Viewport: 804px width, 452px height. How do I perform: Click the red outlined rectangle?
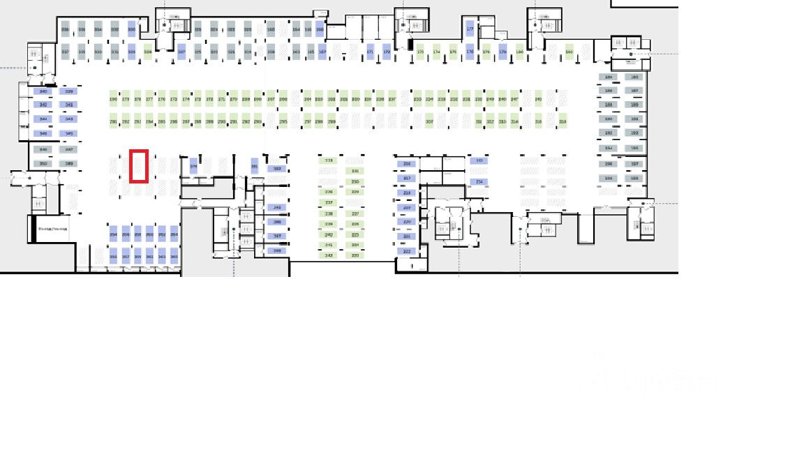(x=138, y=166)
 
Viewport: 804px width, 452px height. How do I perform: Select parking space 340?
(x=43, y=91)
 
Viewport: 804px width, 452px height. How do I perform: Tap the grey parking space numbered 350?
(x=43, y=164)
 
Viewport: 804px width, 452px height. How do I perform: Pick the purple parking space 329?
(x=131, y=52)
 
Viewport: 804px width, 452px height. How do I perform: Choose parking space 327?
(x=181, y=52)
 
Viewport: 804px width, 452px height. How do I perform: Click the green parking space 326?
(x=148, y=52)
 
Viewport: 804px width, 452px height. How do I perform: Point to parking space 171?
(x=370, y=52)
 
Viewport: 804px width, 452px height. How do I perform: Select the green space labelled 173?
(x=420, y=52)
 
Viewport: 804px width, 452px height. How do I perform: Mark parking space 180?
(x=519, y=52)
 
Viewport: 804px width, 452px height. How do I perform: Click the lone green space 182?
(x=569, y=52)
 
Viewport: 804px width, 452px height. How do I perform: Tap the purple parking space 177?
(x=470, y=29)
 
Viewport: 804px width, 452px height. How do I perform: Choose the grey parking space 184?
(x=609, y=77)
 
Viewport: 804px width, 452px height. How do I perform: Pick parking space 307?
(x=429, y=121)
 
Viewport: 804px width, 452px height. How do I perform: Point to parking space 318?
(x=563, y=121)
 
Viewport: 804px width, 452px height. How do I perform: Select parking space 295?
(x=283, y=121)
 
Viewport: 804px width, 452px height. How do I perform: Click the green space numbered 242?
(x=329, y=255)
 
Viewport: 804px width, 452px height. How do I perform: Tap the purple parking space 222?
(x=407, y=251)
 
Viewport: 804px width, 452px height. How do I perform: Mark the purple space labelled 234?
(x=479, y=182)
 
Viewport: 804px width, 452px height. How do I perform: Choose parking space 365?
(x=174, y=257)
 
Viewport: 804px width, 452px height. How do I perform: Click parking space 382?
(x=277, y=169)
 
